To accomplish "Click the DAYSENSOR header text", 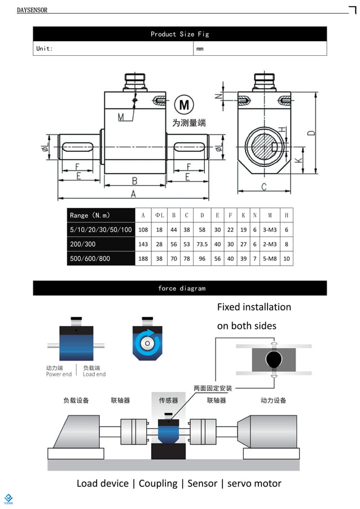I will (32, 10).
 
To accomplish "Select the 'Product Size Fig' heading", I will (179, 34).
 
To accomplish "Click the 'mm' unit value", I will (200, 49).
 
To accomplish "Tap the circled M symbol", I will (183, 105).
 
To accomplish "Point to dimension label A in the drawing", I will (133, 194).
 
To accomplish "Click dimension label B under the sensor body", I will (134, 181).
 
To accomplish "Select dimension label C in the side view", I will (264, 187).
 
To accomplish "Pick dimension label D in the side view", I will (311, 133).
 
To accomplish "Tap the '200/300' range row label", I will (83, 244).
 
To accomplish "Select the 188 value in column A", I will (143, 258).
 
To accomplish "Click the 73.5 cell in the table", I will (201, 244).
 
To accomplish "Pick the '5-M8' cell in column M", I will (270, 258).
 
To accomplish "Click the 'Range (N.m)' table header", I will (90, 216).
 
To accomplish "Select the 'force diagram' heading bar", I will (179, 288).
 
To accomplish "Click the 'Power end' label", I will (59, 374).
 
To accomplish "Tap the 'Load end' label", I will (94, 374).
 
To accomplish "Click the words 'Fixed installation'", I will (254, 307).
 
